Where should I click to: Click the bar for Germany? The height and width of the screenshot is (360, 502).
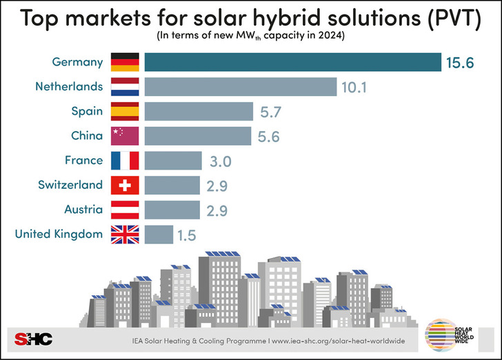[x=293, y=62]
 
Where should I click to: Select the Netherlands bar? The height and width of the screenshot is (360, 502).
[x=241, y=87]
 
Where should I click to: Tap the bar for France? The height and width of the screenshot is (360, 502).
[x=174, y=161]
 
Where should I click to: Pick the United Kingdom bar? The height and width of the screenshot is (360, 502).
[x=159, y=234]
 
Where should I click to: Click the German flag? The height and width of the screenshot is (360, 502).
[x=125, y=62]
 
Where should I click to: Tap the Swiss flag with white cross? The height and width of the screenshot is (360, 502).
[x=125, y=185]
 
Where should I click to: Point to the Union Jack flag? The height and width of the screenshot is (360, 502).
[x=125, y=234]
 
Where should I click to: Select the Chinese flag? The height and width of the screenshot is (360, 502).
[x=125, y=136]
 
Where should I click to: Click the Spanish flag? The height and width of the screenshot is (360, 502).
[x=125, y=111]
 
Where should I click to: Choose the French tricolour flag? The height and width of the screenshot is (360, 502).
[x=125, y=161]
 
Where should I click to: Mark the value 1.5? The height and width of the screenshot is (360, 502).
[x=186, y=235]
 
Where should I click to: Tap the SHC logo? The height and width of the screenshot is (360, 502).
[x=32, y=337]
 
